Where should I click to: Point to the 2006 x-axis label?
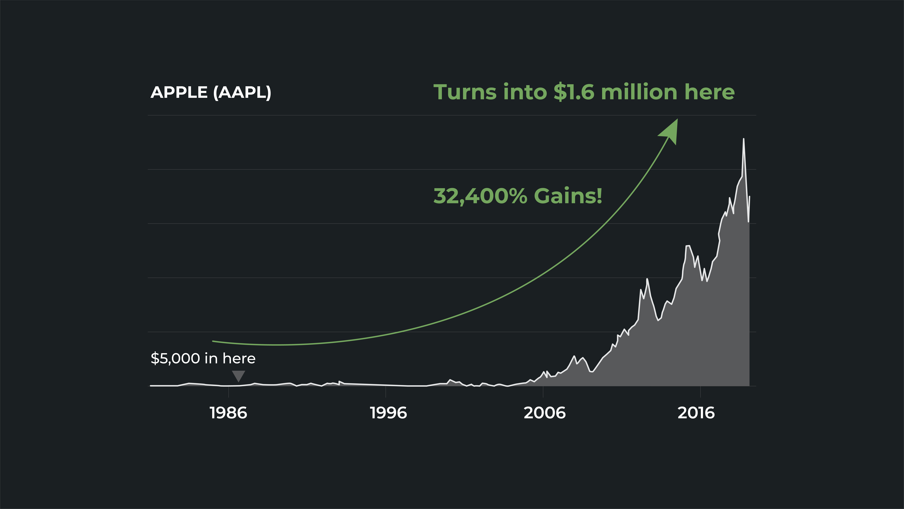[x=545, y=413]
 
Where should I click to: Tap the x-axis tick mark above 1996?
[x=386, y=392]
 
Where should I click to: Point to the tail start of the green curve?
[x=213, y=341]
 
